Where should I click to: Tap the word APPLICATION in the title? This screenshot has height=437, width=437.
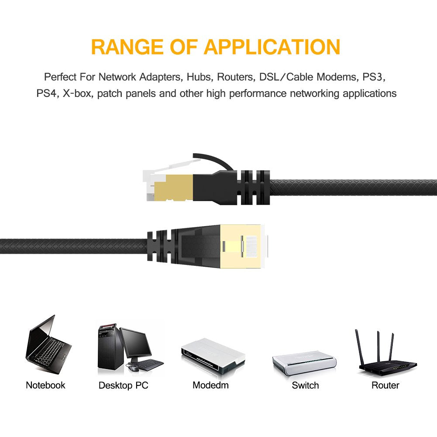[x=272, y=47]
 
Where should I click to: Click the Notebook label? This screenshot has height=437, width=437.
[x=45, y=385]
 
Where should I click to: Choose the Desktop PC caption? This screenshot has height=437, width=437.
[x=123, y=385]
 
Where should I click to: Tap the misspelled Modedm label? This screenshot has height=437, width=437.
[x=210, y=385]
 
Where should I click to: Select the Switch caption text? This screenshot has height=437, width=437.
[x=305, y=385]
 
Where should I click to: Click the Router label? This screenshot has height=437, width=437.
[x=385, y=385]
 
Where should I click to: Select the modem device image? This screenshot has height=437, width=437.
[x=212, y=353]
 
